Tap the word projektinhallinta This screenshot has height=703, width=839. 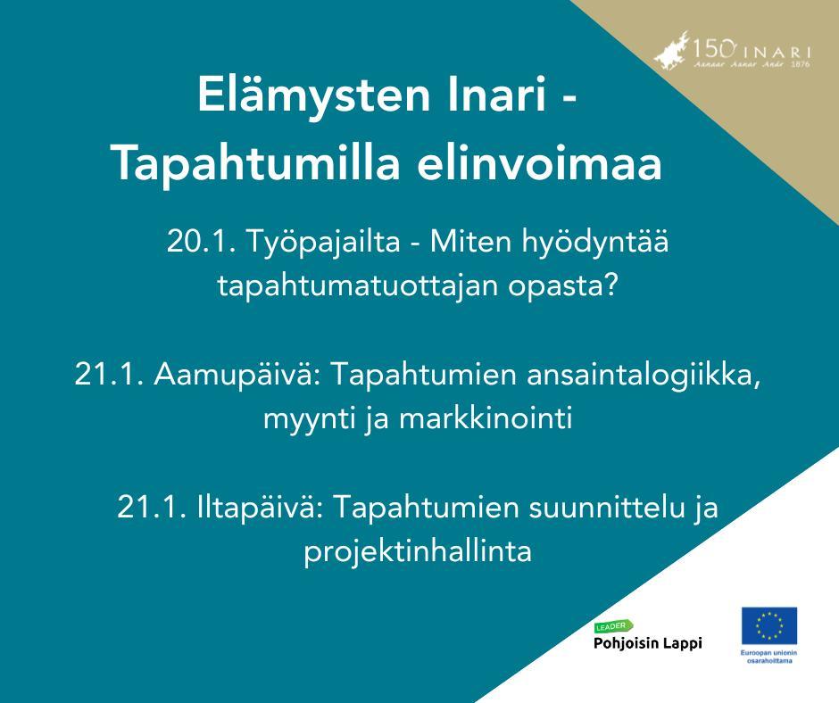[x=418, y=551]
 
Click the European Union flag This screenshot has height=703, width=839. [x=768, y=625]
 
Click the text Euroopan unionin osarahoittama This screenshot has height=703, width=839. [x=768, y=658]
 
